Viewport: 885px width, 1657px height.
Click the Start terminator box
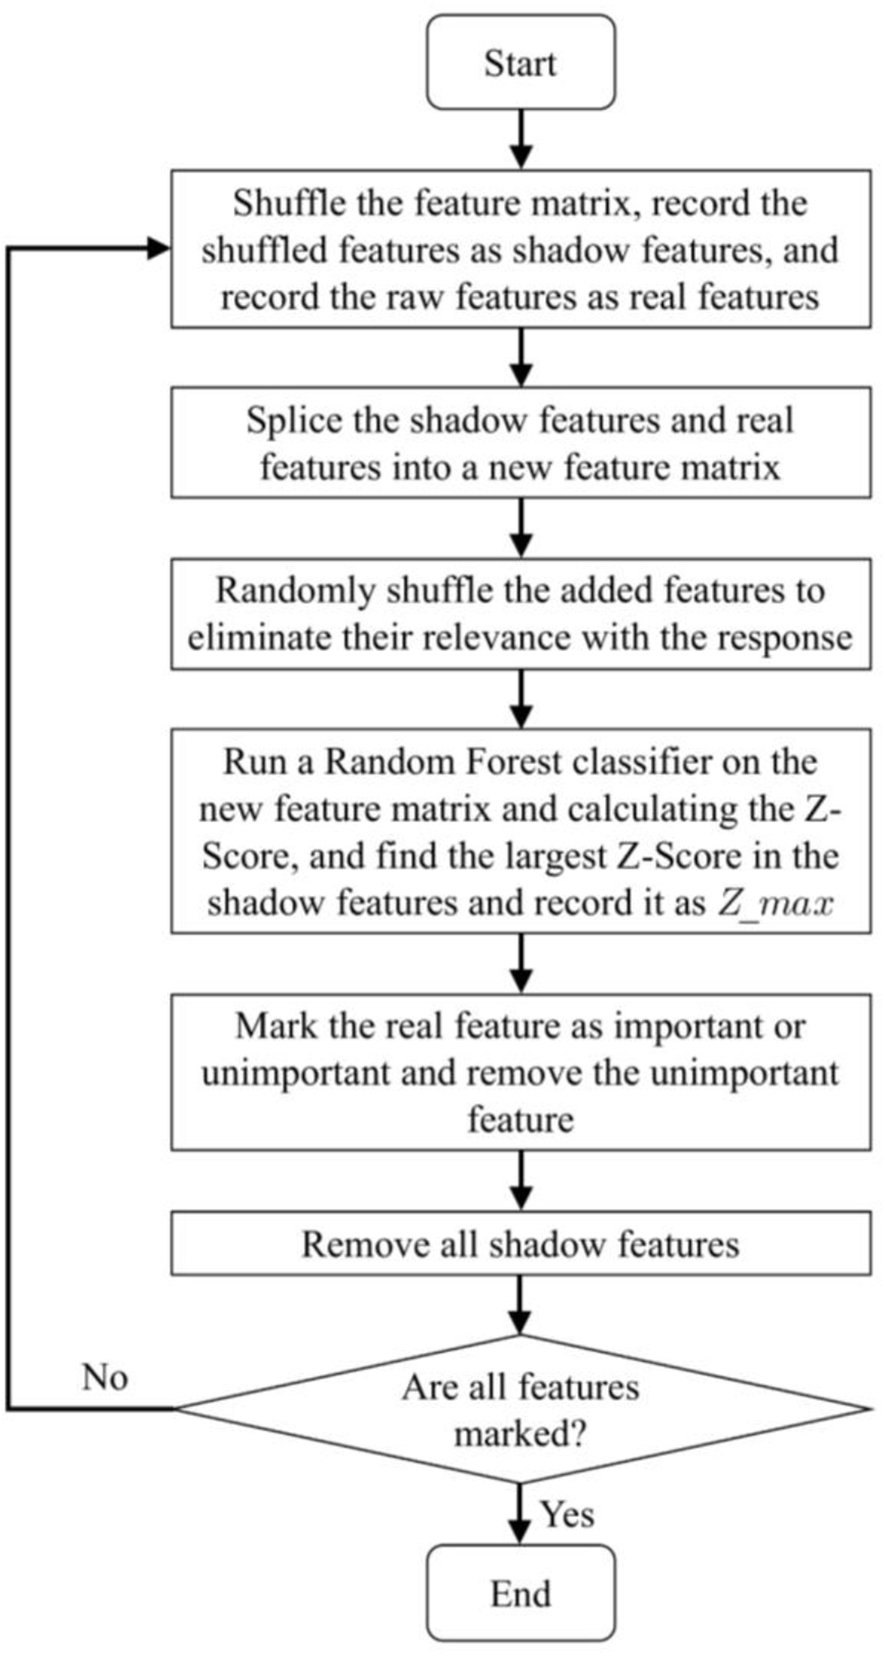[x=520, y=62]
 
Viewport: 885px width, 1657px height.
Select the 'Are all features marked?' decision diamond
[x=520, y=1409]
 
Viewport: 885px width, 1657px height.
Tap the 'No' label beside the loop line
[x=105, y=1377]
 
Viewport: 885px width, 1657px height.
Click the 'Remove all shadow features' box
[x=520, y=1243]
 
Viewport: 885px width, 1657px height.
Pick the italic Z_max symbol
[x=773, y=903]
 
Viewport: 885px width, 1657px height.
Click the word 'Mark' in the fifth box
[x=275, y=1026]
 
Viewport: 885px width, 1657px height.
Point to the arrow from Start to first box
[x=522, y=139]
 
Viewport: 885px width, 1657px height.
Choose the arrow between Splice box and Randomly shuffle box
[x=522, y=528]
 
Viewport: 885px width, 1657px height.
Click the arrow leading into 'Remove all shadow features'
[x=522, y=1181]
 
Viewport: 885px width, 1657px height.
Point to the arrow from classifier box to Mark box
[x=522, y=963]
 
